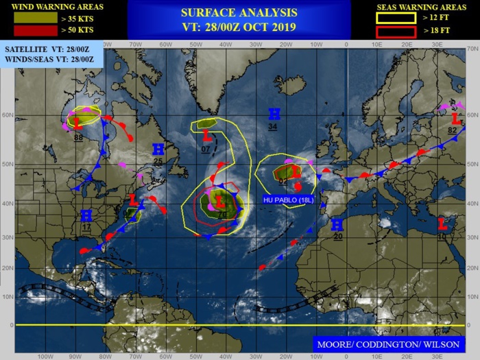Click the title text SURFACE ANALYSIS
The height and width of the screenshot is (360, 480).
(239, 12)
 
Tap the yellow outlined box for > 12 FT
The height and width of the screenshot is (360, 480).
(396, 18)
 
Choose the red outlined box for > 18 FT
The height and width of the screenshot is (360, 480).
(396, 31)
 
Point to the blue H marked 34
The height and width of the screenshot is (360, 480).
(274, 114)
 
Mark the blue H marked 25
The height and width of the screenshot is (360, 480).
(158, 149)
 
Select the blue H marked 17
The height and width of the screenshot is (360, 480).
(86, 216)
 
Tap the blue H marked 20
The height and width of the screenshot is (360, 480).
(337, 225)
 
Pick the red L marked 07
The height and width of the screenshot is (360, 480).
(205, 136)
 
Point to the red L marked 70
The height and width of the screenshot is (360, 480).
(220, 202)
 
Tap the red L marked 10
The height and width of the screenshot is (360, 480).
(442, 224)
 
